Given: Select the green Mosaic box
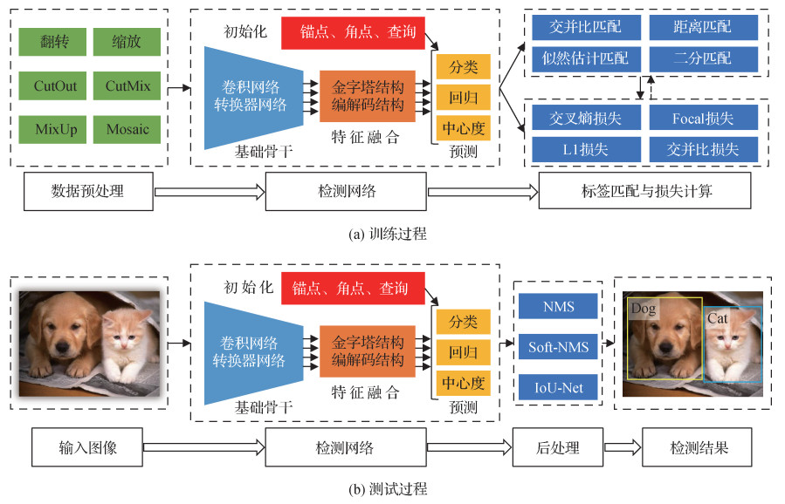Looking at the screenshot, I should (x=127, y=129).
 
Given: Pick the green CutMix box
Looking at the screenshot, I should (x=127, y=85).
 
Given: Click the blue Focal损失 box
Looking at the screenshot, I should (x=703, y=118).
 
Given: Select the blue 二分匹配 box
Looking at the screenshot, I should (x=703, y=59).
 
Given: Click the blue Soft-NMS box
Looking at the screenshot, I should (x=558, y=347).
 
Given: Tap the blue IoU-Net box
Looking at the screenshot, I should (x=558, y=386).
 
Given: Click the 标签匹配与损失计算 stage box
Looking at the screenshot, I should (x=644, y=191).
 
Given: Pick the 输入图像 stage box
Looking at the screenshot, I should (x=87, y=448).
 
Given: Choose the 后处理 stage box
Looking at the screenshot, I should (x=557, y=448).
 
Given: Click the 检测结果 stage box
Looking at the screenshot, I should (x=699, y=448).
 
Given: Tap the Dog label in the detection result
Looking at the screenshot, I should (x=644, y=310).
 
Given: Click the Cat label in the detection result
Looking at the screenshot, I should (x=718, y=318).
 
